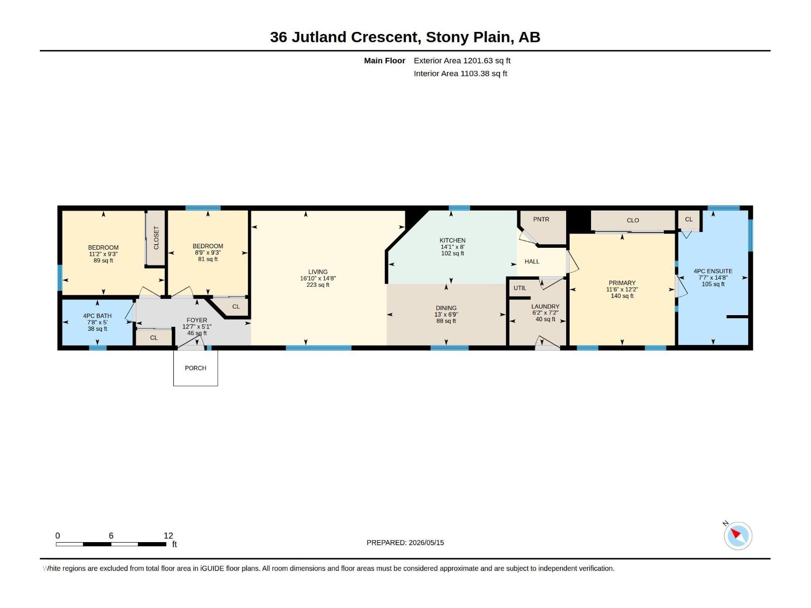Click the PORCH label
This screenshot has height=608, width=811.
pos(196,368)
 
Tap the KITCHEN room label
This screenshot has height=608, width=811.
pos(452,240)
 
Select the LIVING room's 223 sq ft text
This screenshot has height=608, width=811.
pos(318,285)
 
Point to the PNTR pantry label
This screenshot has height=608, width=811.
pos(541,219)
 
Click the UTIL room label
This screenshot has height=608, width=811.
pos(520,288)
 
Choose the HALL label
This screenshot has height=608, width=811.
pos(532,261)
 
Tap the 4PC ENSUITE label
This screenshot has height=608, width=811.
pos(713,271)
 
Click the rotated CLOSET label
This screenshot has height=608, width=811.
pos(156,238)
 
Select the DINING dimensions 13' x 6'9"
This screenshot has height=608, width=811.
pos(446,315)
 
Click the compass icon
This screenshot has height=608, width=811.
pos(738,536)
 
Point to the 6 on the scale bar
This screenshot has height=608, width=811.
pos(111,536)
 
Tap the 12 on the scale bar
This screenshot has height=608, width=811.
pos(168,536)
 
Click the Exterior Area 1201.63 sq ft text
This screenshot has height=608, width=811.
pos(462,60)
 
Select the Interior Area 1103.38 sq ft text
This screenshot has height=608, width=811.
pos(460,73)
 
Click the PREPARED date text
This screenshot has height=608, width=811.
pos(405,543)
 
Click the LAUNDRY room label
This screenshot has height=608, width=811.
pos(545,307)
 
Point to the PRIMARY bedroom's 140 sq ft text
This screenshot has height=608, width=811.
pos(622,296)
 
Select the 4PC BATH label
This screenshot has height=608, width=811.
pos(97,316)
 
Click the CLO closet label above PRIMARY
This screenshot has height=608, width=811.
pos(633,220)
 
